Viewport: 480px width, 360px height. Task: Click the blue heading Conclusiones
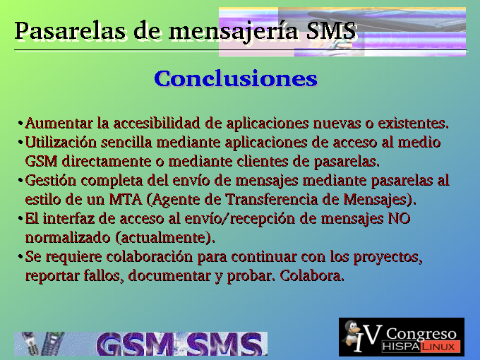[236, 78]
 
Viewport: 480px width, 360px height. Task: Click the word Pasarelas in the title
[70, 30]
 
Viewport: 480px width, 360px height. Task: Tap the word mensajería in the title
[233, 32]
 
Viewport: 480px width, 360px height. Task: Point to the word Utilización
[61, 143]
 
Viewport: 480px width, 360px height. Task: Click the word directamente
[107, 162]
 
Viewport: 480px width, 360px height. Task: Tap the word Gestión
[51, 181]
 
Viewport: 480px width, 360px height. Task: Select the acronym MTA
[126, 200]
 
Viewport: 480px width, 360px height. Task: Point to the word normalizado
[68, 238]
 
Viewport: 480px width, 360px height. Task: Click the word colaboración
[150, 256]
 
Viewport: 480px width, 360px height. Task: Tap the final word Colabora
[312, 275]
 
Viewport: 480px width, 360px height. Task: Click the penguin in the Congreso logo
[352, 334]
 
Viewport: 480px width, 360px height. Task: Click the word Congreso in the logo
[421, 334]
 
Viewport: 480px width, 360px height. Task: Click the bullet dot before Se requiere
[20, 257]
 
